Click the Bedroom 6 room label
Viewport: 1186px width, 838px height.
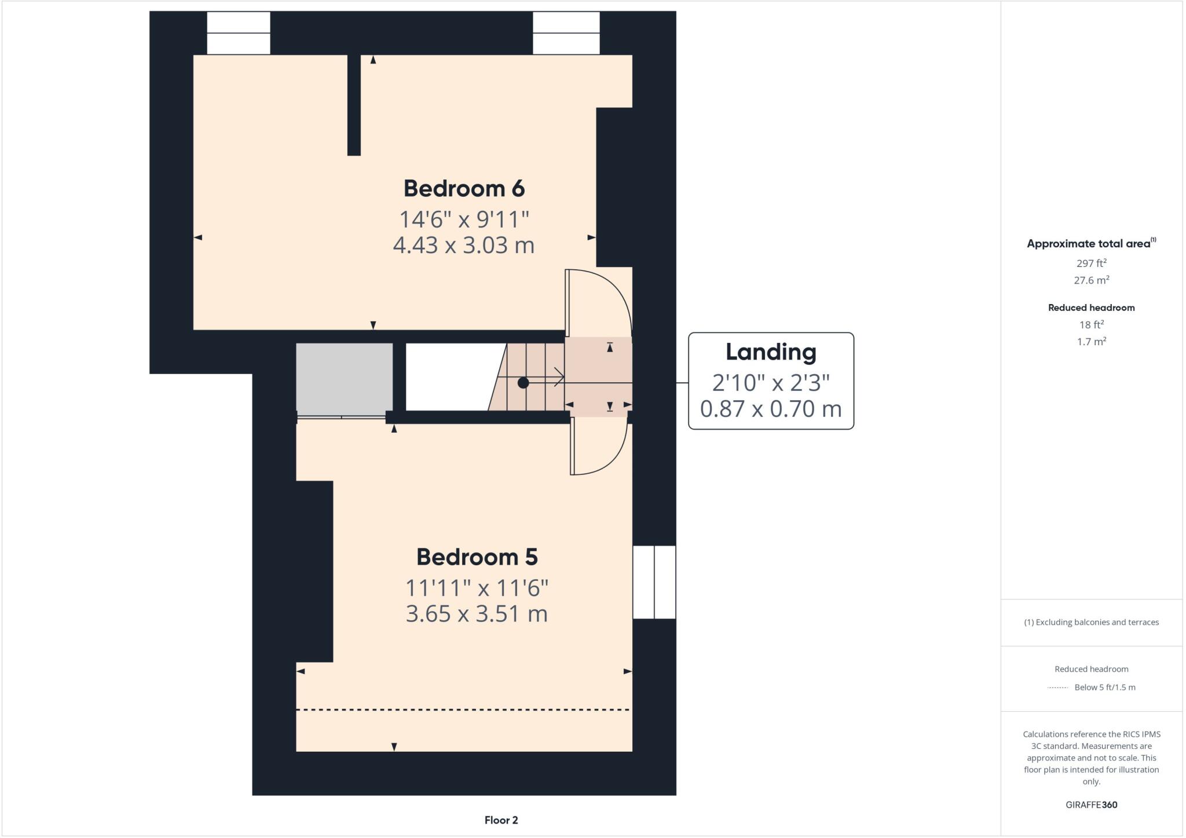pos(464,189)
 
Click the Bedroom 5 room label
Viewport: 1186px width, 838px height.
pos(477,557)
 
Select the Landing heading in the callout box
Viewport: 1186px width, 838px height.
pos(771,352)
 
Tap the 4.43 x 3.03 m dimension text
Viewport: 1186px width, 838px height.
pos(463,246)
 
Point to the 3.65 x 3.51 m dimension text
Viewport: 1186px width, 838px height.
pos(477,614)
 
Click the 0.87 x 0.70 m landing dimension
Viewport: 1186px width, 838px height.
pos(771,409)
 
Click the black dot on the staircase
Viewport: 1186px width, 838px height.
pos(523,383)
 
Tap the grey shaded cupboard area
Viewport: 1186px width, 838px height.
pos(344,378)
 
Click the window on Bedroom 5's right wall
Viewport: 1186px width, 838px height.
pos(654,582)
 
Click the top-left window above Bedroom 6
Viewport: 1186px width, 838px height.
pos(239,33)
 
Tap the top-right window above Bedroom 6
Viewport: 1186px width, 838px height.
pos(566,33)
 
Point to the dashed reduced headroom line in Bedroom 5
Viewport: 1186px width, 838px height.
pos(463,709)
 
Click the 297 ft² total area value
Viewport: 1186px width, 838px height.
pos(1091,264)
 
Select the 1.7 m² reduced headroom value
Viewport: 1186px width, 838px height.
pos(1091,342)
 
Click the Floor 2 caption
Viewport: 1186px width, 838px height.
pos(501,820)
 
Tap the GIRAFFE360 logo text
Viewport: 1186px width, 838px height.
pos(1091,804)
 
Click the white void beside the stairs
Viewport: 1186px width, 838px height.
pos(449,376)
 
